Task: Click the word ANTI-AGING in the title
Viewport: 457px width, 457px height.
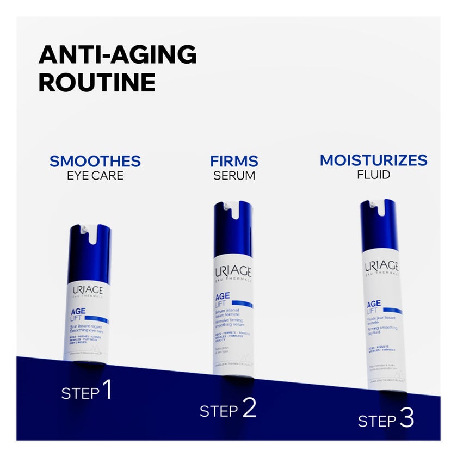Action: coord(118,55)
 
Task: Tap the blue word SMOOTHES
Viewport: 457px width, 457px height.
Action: coord(95,161)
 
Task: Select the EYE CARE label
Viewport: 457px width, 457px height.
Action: coord(95,176)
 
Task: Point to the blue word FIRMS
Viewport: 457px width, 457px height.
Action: coord(234,162)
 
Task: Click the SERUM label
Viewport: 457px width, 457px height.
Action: coord(234,176)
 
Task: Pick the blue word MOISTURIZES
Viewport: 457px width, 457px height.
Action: coord(373,160)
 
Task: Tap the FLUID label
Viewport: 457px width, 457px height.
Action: coord(373,175)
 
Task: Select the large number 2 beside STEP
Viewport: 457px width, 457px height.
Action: coord(249,408)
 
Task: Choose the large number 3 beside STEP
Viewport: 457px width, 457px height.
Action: coord(406,418)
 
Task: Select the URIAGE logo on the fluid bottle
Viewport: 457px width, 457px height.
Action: coord(381,267)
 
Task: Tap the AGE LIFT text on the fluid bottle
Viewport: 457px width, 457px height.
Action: coord(374,307)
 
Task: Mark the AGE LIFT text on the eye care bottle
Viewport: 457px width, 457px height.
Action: coord(79,316)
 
